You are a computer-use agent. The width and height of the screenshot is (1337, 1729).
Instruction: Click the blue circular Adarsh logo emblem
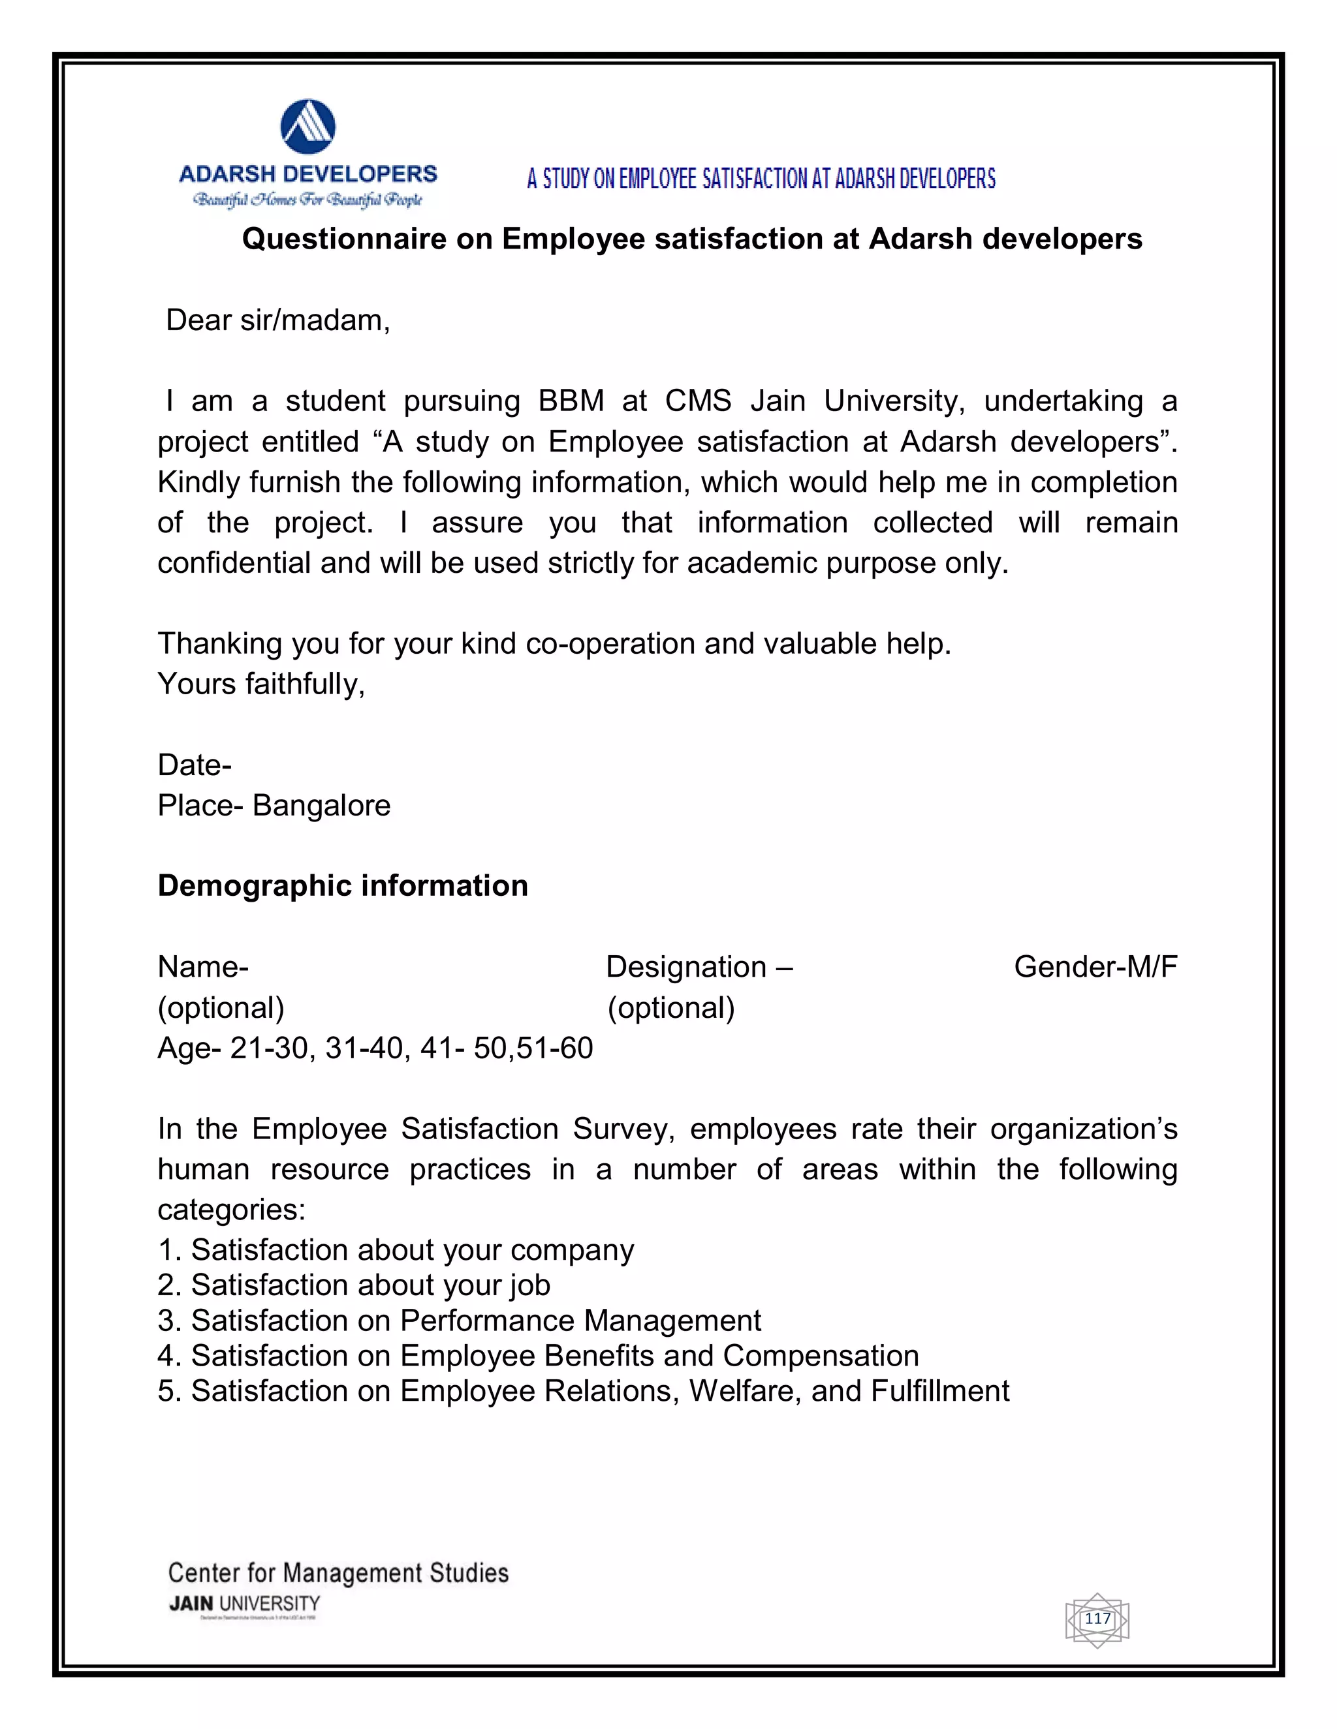click(308, 127)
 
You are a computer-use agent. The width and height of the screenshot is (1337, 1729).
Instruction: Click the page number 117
click(1097, 1618)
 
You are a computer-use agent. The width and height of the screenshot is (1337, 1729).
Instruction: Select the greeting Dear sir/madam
click(278, 320)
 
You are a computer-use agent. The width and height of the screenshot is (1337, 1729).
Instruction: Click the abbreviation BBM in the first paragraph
click(571, 401)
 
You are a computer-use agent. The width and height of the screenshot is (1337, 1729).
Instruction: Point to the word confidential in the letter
click(234, 563)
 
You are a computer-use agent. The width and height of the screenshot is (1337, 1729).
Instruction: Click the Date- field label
click(195, 765)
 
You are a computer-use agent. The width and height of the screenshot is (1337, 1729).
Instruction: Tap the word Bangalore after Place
click(322, 806)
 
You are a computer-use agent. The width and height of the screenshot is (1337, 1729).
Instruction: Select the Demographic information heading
click(342, 886)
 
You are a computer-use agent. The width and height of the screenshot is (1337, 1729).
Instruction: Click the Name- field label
click(203, 968)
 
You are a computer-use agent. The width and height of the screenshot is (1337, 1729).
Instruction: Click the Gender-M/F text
click(1095, 968)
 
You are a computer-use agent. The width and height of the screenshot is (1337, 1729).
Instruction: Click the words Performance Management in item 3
click(580, 1321)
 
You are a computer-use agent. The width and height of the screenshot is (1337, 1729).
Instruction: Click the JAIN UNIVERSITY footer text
click(245, 1604)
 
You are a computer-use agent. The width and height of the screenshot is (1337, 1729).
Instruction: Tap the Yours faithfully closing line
click(261, 684)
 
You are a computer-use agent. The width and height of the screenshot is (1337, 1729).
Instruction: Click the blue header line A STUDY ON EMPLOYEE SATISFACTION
click(761, 179)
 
